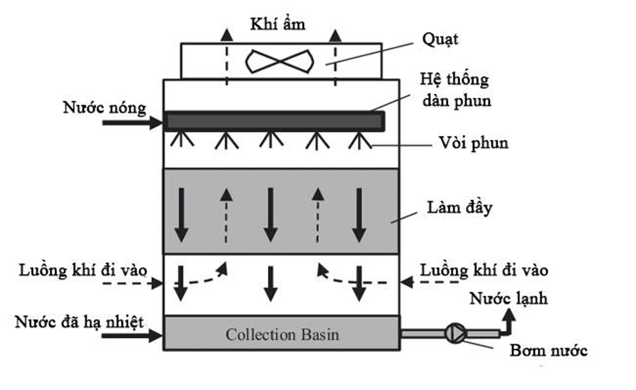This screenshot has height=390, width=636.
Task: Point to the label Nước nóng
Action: coord(104,108)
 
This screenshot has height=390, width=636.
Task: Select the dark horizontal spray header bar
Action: coord(274,122)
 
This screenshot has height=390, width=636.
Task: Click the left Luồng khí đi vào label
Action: coord(83,269)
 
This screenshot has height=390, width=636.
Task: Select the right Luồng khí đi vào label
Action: coord(484,269)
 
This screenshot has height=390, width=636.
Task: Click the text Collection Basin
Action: coord(282,334)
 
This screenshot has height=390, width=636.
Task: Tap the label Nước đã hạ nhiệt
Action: coord(80,321)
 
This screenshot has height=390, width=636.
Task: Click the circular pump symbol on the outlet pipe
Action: coord(454,333)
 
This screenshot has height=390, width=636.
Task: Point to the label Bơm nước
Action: coord(549,351)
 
